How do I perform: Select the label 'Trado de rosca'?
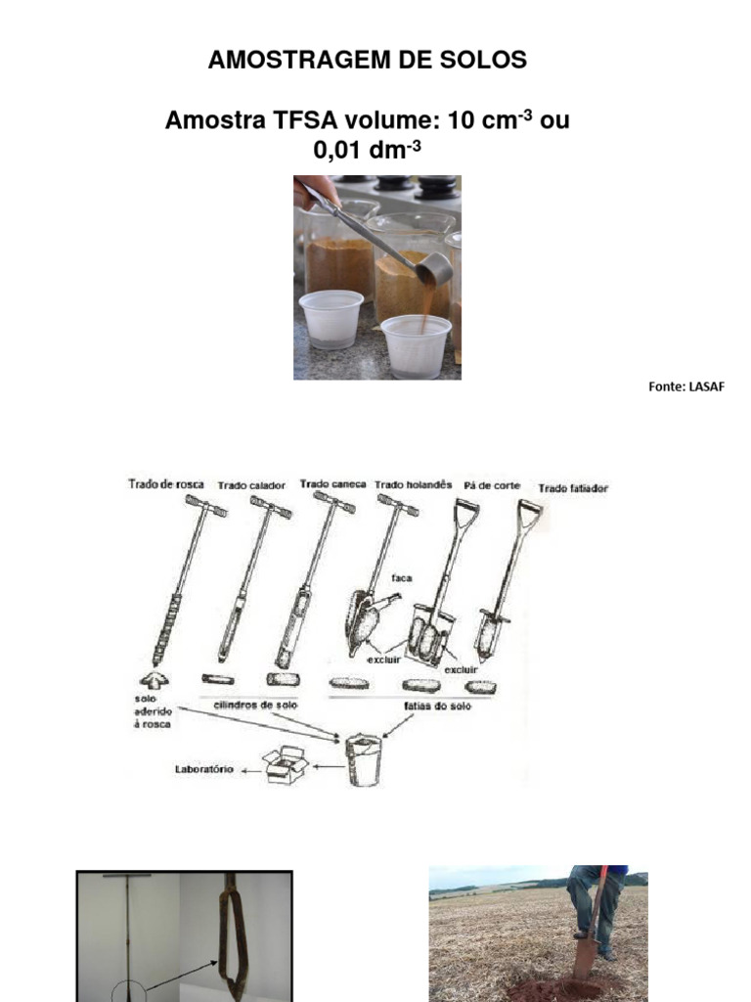click(x=165, y=483)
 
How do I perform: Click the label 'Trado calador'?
click(x=252, y=484)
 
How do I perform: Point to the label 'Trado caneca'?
click(x=332, y=483)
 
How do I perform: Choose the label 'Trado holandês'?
click(x=415, y=483)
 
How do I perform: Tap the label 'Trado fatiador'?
click(x=573, y=487)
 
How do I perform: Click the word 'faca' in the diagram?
click(x=401, y=577)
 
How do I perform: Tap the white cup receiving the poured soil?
click(x=417, y=344)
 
